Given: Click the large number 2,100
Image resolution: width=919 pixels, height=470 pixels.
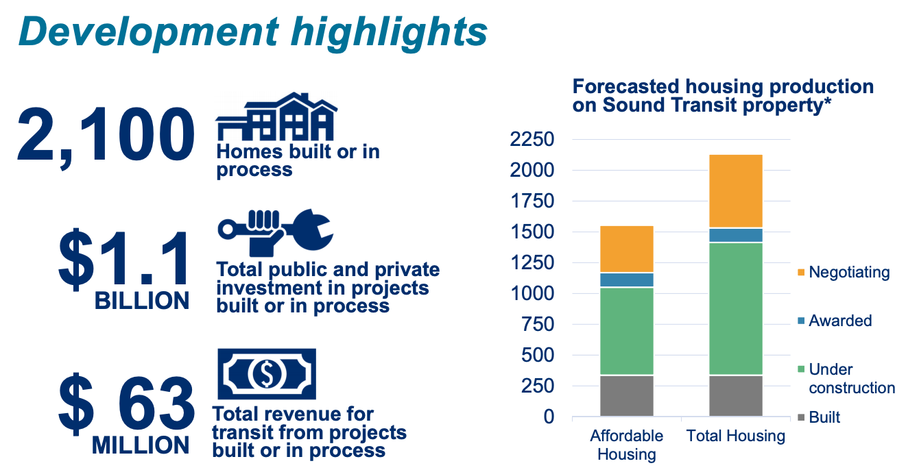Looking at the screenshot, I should pyautogui.click(x=105, y=136).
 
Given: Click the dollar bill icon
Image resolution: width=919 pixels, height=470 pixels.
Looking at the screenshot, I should pyautogui.click(x=267, y=373).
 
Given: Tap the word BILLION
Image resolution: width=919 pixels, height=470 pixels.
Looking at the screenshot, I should pyautogui.click(x=141, y=301).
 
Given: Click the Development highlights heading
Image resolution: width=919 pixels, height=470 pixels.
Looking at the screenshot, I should pyautogui.click(x=253, y=31).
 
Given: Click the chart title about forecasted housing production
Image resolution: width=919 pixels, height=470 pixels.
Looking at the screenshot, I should pyautogui.click(x=723, y=97).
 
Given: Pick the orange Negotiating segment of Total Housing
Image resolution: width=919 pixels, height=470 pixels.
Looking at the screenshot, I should pyautogui.click(x=735, y=191).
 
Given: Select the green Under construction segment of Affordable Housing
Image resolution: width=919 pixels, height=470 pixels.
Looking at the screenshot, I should pyautogui.click(x=626, y=331).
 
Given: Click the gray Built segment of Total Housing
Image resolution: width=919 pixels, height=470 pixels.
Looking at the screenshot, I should pyautogui.click(x=735, y=395).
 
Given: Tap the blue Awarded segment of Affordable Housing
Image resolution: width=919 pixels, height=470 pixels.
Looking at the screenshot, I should pyautogui.click(x=626, y=280).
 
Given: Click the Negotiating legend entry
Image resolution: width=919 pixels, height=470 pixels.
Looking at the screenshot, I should pyautogui.click(x=843, y=272).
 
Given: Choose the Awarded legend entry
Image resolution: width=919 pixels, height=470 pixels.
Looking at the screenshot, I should pyautogui.click(x=834, y=321).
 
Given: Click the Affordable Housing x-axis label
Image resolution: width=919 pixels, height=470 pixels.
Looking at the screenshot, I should pyautogui.click(x=626, y=445).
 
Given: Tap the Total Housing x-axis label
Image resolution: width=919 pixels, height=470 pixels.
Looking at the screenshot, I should pyautogui.click(x=735, y=436).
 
